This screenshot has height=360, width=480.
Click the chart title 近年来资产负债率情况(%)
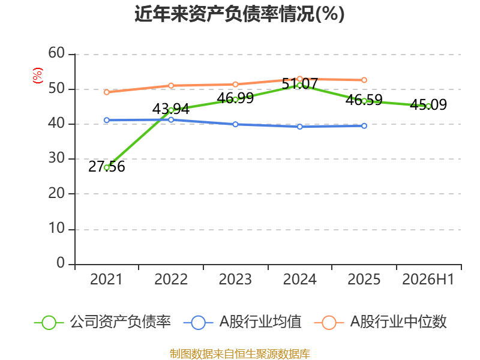point(239,14)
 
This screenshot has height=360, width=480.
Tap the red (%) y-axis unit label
point(38,76)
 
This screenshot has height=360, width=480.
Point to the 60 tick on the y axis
point(56,53)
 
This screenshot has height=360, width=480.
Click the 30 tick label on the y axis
point(56,158)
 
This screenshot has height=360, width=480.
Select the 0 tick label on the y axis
point(61,263)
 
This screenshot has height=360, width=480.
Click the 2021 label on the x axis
point(106,279)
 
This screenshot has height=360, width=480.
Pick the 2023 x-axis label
point(235,279)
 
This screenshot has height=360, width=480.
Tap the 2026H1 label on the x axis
point(428,279)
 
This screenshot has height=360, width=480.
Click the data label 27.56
point(107,167)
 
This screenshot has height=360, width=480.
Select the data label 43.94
point(171,109)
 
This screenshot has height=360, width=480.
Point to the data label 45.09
point(428,104)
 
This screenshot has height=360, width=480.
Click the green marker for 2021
point(107,168)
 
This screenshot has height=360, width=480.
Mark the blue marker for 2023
point(235,124)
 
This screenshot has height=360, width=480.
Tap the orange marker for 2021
point(107,92)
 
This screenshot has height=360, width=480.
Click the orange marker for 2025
point(364,80)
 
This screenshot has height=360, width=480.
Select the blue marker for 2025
point(364,126)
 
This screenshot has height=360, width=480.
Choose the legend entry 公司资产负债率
point(103,322)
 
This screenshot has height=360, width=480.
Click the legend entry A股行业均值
point(242,322)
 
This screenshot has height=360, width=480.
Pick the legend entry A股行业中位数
point(380,322)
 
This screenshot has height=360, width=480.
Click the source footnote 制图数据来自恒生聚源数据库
point(239,354)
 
